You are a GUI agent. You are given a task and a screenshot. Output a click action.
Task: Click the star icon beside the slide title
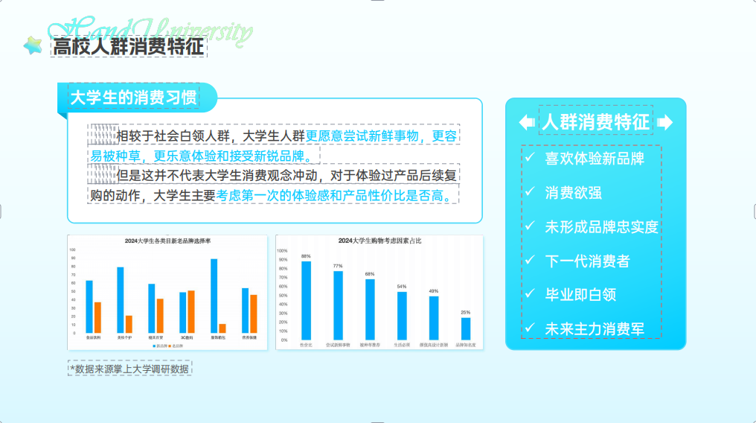click(x=33, y=46)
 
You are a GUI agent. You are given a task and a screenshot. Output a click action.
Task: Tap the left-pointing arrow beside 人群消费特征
click(x=526, y=122)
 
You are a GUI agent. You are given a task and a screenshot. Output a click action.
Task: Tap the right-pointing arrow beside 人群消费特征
click(x=665, y=122)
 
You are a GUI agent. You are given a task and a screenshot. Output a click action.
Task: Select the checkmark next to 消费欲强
click(x=529, y=192)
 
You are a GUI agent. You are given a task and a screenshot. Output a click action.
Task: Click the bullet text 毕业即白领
click(x=580, y=294)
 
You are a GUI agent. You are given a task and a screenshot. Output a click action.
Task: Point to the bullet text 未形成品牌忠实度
click(x=601, y=227)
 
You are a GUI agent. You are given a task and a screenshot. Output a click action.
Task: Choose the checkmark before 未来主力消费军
click(x=529, y=328)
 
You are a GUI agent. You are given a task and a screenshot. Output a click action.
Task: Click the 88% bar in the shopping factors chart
click(x=306, y=300)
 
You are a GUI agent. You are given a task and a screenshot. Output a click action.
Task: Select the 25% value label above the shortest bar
click(x=465, y=312)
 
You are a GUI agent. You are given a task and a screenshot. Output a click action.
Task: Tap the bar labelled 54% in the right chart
click(x=402, y=315)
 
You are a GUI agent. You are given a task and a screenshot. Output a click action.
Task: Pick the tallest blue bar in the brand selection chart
click(x=214, y=296)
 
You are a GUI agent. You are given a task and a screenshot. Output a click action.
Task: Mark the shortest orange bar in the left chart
click(x=222, y=328)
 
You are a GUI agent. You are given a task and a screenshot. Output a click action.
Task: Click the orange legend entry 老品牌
click(x=176, y=346)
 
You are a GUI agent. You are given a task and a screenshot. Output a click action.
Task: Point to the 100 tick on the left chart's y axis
click(x=73, y=249)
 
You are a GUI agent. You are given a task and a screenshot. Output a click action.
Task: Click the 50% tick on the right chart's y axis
click(x=282, y=296)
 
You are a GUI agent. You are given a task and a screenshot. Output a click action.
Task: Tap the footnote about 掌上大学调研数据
click(x=130, y=368)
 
